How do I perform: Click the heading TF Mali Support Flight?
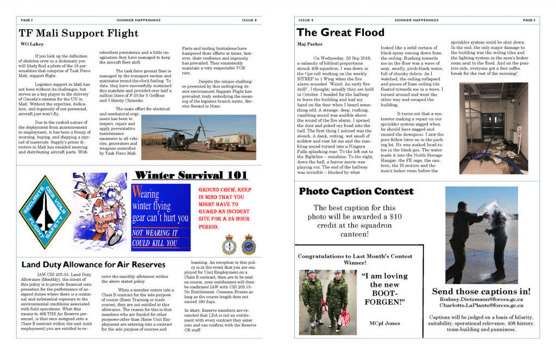tap(79, 33)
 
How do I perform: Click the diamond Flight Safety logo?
tap(45, 211)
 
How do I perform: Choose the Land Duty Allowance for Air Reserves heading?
tap(93, 264)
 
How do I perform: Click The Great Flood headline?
tap(340, 33)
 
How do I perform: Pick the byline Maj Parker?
tap(309, 44)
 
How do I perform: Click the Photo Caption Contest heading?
tap(352, 191)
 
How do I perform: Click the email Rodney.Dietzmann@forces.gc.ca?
tap(481, 299)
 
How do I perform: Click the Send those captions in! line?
tap(481, 291)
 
